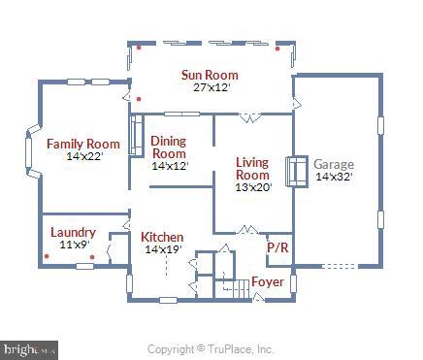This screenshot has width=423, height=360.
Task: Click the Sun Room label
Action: [209, 75]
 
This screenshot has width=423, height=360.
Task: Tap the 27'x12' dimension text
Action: [209, 87]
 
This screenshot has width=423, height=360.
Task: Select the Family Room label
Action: [83, 145]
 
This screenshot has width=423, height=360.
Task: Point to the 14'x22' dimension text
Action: [83, 156]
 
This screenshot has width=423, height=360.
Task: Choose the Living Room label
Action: [252, 169]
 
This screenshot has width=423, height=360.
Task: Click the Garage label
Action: [334, 164]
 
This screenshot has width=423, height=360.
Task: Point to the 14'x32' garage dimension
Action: [334, 177]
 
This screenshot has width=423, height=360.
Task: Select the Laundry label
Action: [73, 232]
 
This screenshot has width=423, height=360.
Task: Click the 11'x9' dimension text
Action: [74, 245]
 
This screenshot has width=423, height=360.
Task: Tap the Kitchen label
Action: [162, 237]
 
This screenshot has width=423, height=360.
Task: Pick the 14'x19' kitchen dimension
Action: [163, 249]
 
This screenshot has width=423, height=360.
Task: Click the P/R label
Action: [277, 247]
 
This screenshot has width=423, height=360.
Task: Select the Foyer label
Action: [267, 282]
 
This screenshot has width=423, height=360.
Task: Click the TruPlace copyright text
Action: [211, 349]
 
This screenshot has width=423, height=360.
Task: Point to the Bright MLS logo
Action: [29, 348]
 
